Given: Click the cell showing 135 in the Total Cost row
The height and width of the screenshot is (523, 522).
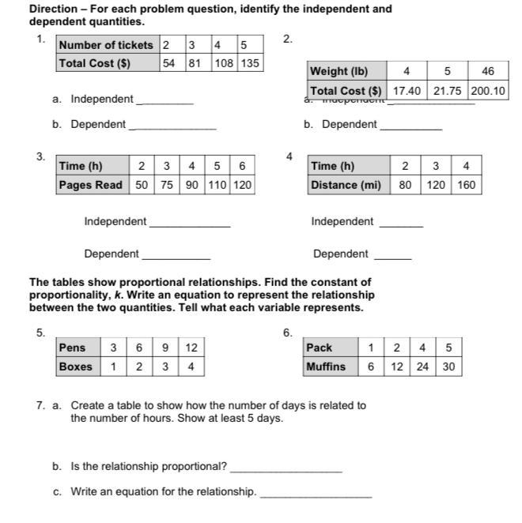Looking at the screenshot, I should coord(250,63).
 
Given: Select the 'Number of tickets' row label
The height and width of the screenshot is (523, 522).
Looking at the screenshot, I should coord(108,45).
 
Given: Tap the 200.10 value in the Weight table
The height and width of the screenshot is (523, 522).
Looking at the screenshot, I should coord(488,91).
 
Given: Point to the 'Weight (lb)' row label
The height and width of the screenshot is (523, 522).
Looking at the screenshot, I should coord(339,71).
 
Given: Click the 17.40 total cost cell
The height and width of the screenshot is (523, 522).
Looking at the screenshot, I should coord(407,91).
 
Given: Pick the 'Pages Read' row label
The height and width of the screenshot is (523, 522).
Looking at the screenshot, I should coord(91,185).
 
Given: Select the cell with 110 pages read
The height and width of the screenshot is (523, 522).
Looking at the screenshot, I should coord(217,185).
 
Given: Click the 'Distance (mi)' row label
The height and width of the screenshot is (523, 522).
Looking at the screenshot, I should coord(346,185).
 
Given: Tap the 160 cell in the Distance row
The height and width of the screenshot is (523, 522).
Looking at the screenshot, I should coord(467,185).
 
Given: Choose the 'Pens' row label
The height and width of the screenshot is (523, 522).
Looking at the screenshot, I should coord(73,348).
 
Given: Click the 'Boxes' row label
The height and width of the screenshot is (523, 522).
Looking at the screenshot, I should coord(75,367).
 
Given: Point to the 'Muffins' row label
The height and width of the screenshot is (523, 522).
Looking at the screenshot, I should coord(326,367).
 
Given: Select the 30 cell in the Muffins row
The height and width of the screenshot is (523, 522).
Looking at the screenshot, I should coord(448,367).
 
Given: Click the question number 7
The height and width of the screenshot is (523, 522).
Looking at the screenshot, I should coord(40,405).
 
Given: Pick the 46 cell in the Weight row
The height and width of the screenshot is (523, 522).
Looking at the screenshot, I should coord(488,71).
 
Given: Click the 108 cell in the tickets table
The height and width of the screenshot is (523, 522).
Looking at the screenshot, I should coord(224,63).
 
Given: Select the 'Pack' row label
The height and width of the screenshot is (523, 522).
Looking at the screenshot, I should coord(320,348).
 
